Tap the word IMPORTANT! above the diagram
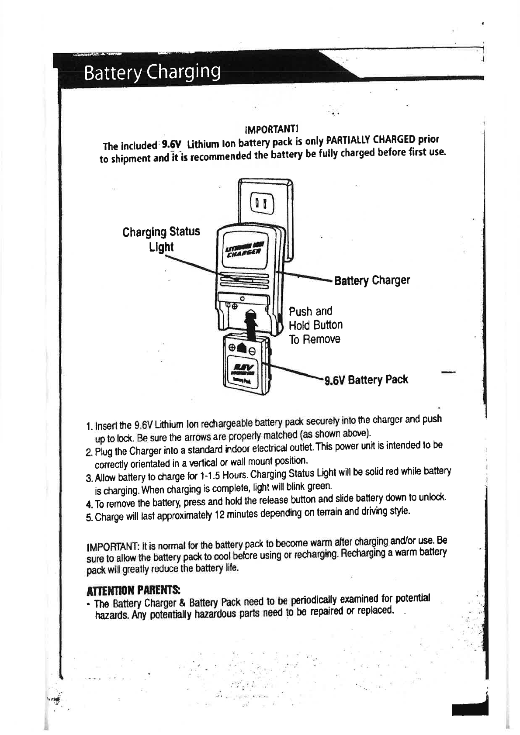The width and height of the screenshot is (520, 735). [x=271, y=130]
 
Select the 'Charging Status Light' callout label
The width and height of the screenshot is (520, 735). [x=161, y=238]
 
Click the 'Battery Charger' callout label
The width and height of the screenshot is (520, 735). [x=372, y=280]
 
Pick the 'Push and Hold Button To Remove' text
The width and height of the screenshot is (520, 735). [x=315, y=325]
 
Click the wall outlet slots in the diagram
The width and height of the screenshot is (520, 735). [x=261, y=204]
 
